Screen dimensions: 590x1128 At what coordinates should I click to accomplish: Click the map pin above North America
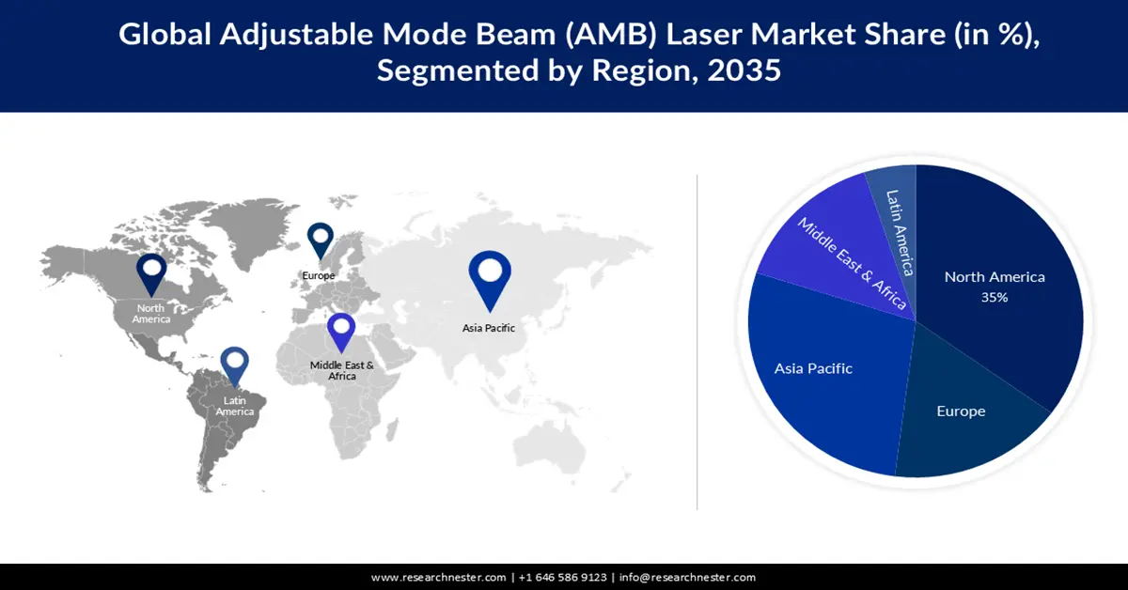tap(151, 272)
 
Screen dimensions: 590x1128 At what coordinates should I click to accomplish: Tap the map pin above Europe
tap(321, 239)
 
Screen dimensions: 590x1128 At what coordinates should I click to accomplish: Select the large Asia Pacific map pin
tap(489, 276)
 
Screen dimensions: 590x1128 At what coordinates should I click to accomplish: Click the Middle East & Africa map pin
tap(341, 332)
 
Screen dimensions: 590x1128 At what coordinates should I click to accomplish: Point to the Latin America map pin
tap(234, 366)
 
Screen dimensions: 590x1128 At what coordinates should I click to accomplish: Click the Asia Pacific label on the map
tap(488, 328)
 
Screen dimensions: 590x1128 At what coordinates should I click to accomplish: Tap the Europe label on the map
tap(318, 275)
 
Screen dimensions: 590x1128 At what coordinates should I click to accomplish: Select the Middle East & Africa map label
tap(342, 370)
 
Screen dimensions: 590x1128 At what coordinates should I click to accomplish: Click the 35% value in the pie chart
tap(995, 297)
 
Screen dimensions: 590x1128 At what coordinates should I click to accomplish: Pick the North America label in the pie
tap(995, 277)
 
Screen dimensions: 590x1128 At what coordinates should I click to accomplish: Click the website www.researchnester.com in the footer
tap(439, 577)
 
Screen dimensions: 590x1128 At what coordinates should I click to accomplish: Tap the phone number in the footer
tap(562, 577)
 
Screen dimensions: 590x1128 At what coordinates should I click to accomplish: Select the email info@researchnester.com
tap(688, 577)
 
